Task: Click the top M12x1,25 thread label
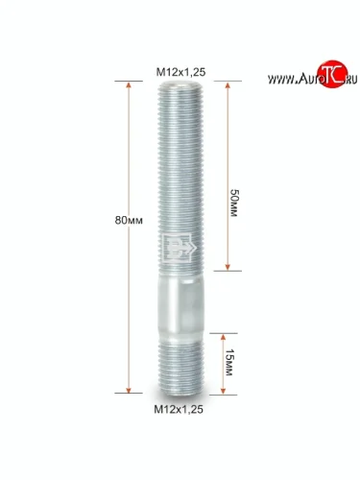pyautogui.click(x=180, y=72)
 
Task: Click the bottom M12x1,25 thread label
pyautogui.click(x=179, y=409)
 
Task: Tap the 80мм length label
pyautogui.click(x=129, y=221)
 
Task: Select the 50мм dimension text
pyautogui.click(x=234, y=204)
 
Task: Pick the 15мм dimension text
pyautogui.click(x=229, y=362)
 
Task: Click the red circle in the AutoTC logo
pyautogui.click(x=332, y=74)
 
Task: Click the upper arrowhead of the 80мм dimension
pyautogui.click(x=129, y=85)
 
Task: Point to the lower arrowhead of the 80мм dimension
pyautogui.click(x=129, y=390)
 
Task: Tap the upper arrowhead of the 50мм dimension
pyautogui.click(x=228, y=85)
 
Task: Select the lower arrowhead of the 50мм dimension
pyautogui.click(x=228, y=267)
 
